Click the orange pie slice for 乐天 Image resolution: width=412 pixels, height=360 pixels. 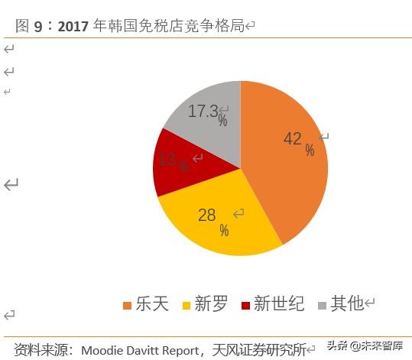[x=287, y=176]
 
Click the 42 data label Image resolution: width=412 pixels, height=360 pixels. [x=292, y=138]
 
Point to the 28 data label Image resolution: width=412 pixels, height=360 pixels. [x=207, y=215]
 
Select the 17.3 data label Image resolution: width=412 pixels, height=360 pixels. [x=203, y=111]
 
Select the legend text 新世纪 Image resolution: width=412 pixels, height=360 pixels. [x=279, y=304]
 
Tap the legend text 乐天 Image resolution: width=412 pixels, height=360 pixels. [x=152, y=304]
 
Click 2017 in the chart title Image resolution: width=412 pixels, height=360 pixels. [x=73, y=26]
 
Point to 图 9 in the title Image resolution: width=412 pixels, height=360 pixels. [x=28, y=26]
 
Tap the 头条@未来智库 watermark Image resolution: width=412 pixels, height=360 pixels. [x=364, y=346]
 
